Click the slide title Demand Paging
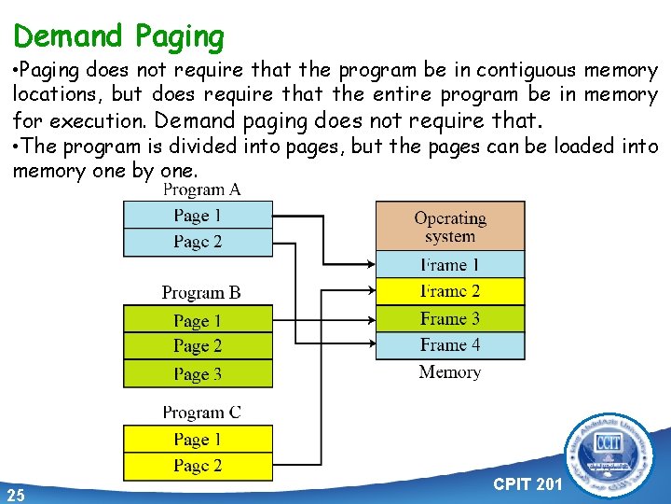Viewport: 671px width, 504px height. point(119,36)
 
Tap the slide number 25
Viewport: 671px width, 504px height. point(15,494)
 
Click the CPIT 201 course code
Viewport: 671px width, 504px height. point(527,483)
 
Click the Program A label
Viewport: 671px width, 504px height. point(202,189)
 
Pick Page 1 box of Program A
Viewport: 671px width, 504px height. point(198,216)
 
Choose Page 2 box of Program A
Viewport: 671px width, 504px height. point(198,243)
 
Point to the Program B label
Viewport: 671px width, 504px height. point(201,292)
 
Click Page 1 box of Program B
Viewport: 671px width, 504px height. point(198,320)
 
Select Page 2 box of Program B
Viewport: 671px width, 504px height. point(198,346)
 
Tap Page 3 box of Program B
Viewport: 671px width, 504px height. point(198,374)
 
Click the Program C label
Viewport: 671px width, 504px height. point(201,412)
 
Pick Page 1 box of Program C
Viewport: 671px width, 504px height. point(198,439)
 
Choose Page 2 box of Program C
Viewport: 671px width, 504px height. point(198,466)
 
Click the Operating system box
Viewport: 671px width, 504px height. point(450,227)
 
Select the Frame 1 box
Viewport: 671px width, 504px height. point(450,264)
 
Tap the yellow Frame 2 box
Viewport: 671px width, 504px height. point(450,291)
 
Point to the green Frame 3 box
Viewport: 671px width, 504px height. point(450,318)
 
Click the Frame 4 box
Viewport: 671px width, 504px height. point(450,345)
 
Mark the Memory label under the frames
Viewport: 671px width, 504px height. point(450,372)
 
